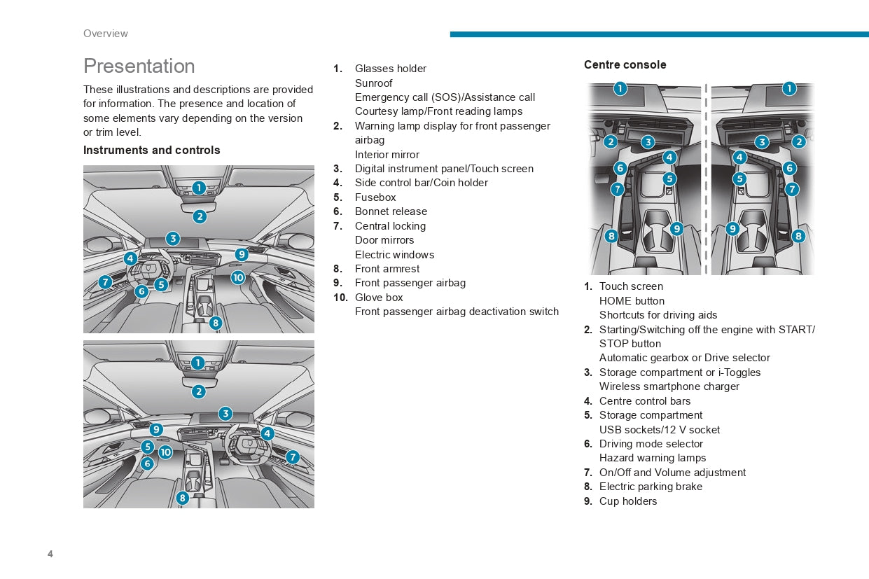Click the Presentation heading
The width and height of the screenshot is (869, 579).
point(139,66)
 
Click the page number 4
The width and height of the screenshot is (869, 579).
point(50,554)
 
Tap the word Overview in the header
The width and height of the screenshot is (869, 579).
point(105,34)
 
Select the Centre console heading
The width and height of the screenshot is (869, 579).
point(625,65)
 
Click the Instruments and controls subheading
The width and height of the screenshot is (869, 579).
point(151,151)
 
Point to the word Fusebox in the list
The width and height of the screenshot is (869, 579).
point(375,197)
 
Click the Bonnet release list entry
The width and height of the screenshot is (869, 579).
point(391,211)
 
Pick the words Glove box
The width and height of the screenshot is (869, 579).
point(379,298)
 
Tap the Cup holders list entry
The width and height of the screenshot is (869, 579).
point(627,501)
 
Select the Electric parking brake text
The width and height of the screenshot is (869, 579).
point(651,487)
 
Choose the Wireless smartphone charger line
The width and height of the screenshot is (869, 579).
point(669,386)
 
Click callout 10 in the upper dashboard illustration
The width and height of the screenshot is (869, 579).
point(238,277)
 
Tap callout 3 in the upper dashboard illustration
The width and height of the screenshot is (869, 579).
point(172,238)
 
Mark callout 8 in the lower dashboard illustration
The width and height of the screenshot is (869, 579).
point(182,498)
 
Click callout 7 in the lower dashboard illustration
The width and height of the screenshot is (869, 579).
point(292,457)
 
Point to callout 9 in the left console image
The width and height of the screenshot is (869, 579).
point(676,228)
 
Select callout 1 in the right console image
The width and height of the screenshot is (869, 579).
point(789,88)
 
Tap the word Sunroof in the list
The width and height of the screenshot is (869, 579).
point(373,83)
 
